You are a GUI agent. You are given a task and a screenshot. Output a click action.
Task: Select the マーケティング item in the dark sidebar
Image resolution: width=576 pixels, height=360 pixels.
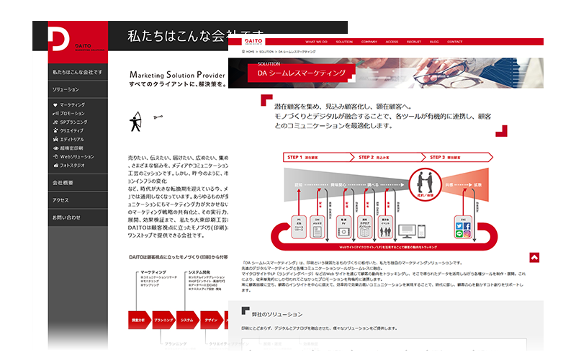pyautogui.click(x=72, y=104)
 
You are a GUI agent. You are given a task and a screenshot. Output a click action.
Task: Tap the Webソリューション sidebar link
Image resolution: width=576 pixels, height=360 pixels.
pyautogui.click(x=76, y=156)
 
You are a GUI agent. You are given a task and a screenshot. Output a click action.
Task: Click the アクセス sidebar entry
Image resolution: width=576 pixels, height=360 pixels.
pyautogui.click(x=60, y=200)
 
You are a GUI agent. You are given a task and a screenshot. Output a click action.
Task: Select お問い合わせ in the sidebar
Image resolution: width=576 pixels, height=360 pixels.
pyautogui.click(x=66, y=217)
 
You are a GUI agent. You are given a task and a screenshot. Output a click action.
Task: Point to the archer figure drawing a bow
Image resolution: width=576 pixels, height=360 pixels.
pyautogui.click(x=136, y=122)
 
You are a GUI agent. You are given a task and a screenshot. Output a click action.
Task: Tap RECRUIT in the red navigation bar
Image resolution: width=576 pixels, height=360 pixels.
pyautogui.click(x=413, y=42)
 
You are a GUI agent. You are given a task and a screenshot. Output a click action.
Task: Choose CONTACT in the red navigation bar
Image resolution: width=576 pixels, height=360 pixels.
pyautogui.click(x=455, y=42)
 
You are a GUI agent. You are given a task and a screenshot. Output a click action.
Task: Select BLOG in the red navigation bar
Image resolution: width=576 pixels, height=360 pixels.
pyautogui.click(x=434, y=42)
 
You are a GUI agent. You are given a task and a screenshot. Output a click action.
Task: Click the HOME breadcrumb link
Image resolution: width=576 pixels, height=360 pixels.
pyautogui.click(x=252, y=52)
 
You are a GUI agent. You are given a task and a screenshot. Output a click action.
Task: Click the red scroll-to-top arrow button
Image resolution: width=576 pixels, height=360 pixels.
pyautogui.click(x=534, y=257)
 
